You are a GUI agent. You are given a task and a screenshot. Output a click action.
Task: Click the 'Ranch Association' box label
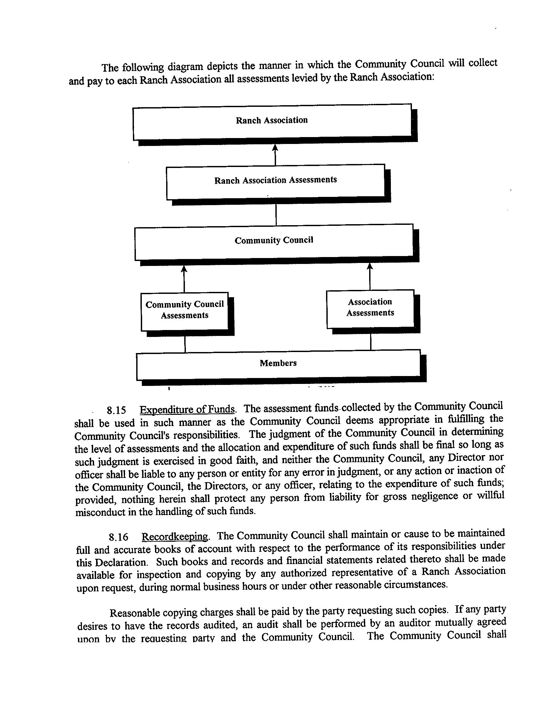tap(272, 120)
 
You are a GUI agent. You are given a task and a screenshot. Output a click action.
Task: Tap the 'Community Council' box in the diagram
tap(274, 241)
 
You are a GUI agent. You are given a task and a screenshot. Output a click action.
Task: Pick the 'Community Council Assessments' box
tap(185, 310)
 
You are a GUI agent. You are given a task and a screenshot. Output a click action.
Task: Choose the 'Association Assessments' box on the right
tap(370, 308)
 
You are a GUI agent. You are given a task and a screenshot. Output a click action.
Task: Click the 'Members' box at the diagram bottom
tap(278, 363)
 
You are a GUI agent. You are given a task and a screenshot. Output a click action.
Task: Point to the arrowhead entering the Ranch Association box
tap(275, 148)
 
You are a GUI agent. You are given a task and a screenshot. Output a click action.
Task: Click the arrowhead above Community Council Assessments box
tap(184, 269)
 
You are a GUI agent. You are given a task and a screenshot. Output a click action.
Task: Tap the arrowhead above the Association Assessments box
tap(370, 266)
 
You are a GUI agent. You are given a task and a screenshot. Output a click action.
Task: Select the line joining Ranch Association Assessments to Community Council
tap(276, 214)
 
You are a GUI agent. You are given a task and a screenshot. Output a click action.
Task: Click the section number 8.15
tap(116, 411)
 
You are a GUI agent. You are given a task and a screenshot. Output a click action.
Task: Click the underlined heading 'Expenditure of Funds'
tap(188, 410)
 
